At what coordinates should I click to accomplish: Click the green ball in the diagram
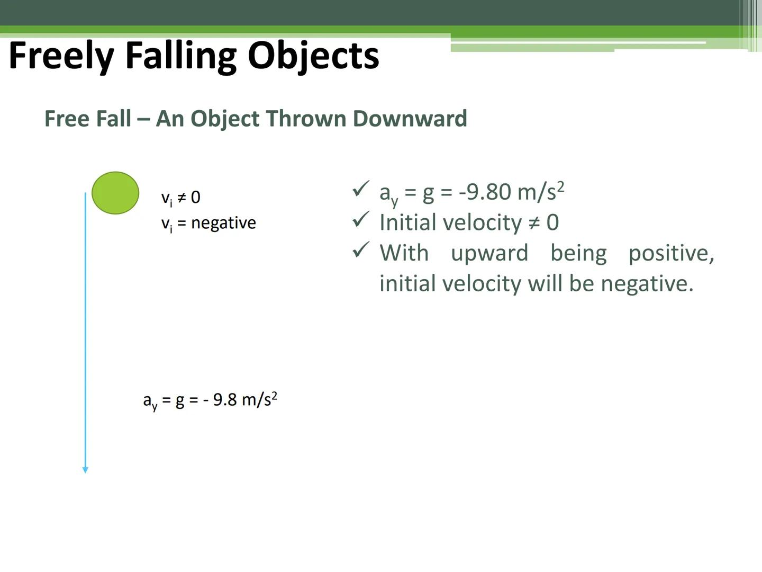pos(115,193)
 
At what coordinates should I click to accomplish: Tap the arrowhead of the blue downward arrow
pos(85,470)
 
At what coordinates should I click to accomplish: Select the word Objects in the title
pos(313,56)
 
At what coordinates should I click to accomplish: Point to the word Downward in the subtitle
pos(410,118)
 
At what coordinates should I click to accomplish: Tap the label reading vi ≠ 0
pos(180,198)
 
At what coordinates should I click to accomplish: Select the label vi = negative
pos(208,223)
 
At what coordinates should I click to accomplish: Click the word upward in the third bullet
pos(489,253)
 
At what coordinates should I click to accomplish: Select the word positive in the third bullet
pos(671,253)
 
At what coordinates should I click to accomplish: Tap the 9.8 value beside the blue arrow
pos(225,399)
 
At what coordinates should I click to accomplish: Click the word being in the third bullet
pos(578,253)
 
